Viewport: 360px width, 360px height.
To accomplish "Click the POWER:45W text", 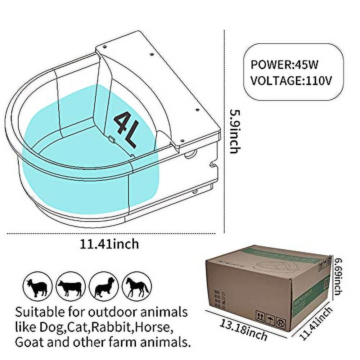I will coord(285,65).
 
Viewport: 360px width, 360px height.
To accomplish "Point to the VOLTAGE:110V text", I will coord(291,80).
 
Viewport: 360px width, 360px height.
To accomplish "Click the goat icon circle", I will coord(37,286).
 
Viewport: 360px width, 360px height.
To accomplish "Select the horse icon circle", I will coord(136,286).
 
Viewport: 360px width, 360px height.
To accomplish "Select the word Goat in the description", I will coord(29,342).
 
